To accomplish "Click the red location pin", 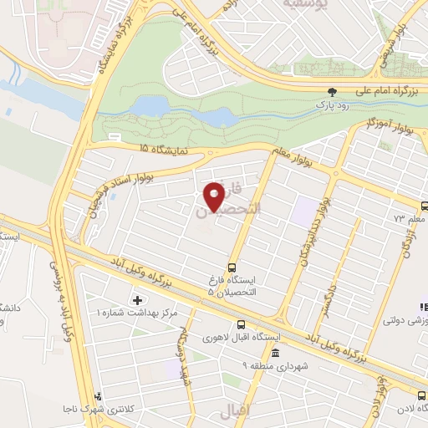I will [x=215, y=196].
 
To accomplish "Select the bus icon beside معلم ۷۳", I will [x=424, y=206].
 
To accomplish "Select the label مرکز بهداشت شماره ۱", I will [x=137, y=312].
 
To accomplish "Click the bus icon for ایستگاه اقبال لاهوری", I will [x=242, y=324].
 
